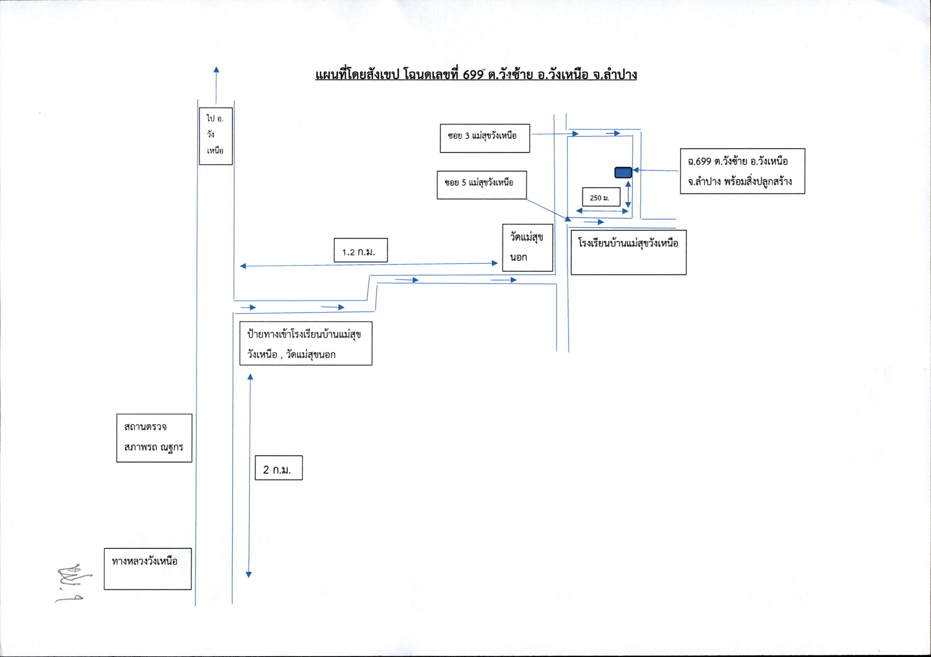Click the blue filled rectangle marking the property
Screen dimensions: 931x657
click(x=623, y=173)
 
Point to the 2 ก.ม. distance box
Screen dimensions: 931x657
click(x=279, y=468)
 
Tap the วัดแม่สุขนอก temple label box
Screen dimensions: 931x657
click(x=527, y=248)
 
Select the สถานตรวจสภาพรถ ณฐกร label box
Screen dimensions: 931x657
click(x=154, y=438)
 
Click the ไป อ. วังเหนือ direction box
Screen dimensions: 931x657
click(x=216, y=136)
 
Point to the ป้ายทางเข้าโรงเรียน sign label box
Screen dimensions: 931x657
click(x=306, y=343)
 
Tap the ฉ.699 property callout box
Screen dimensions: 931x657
click(x=742, y=171)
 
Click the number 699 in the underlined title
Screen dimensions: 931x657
click(x=473, y=75)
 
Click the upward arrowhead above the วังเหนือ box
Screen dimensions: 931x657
click(x=216, y=70)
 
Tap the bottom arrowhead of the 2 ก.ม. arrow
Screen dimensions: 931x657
click(x=249, y=574)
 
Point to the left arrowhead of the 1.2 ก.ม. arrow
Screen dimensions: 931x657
click(x=243, y=266)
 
